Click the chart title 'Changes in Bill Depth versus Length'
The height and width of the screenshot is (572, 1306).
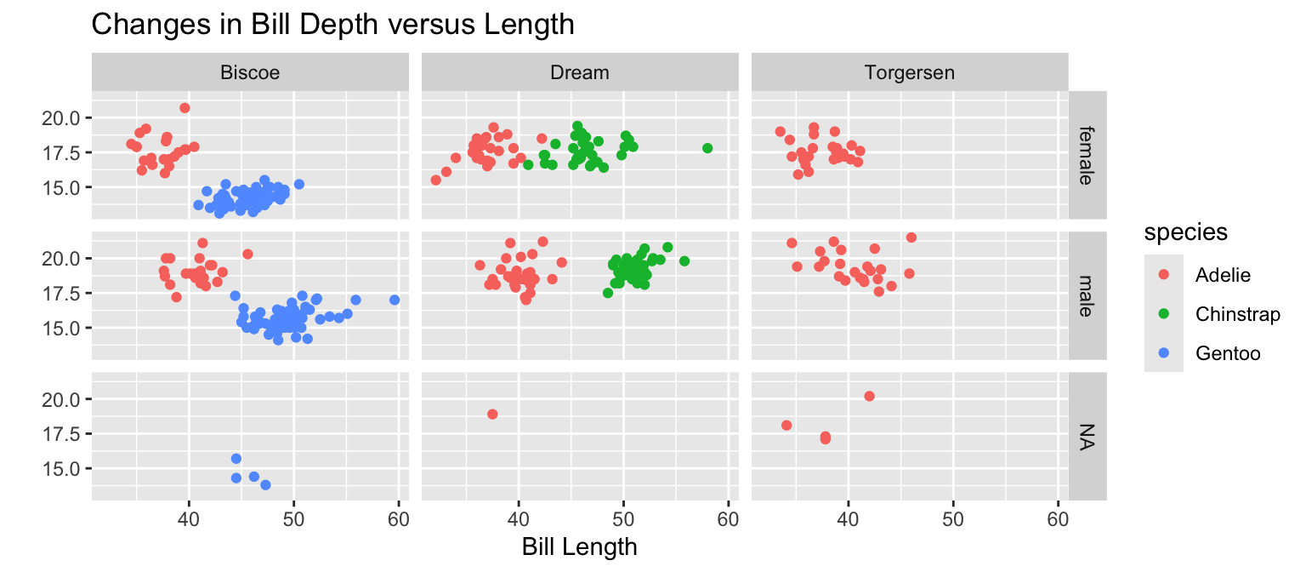(x=332, y=25)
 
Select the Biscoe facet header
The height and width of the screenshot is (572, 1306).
(x=250, y=72)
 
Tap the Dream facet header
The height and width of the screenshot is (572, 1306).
(x=580, y=72)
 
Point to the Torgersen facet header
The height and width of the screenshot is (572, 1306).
(x=910, y=72)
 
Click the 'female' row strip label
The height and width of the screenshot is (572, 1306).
(x=1087, y=155)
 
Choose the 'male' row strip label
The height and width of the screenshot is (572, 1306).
(x=1087, y=295)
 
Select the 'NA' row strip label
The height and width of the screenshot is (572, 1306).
(x=1087, y=437)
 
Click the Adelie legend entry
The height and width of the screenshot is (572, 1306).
(x=1223, y=274)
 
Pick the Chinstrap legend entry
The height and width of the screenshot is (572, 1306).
(x=1237, y=313)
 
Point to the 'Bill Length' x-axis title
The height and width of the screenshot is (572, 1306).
(x=580, y=546)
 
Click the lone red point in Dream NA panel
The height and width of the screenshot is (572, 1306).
(x=492, y=415)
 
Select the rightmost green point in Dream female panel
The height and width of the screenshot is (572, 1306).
(x=707, y=148)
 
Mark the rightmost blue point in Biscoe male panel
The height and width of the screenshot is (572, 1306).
(x=395, y=300)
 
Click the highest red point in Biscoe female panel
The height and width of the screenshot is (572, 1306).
(x=185, y=108)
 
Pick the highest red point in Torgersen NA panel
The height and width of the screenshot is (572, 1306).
(x=869, y=396)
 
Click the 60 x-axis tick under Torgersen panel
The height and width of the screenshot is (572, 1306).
(x=1058, y=518)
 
